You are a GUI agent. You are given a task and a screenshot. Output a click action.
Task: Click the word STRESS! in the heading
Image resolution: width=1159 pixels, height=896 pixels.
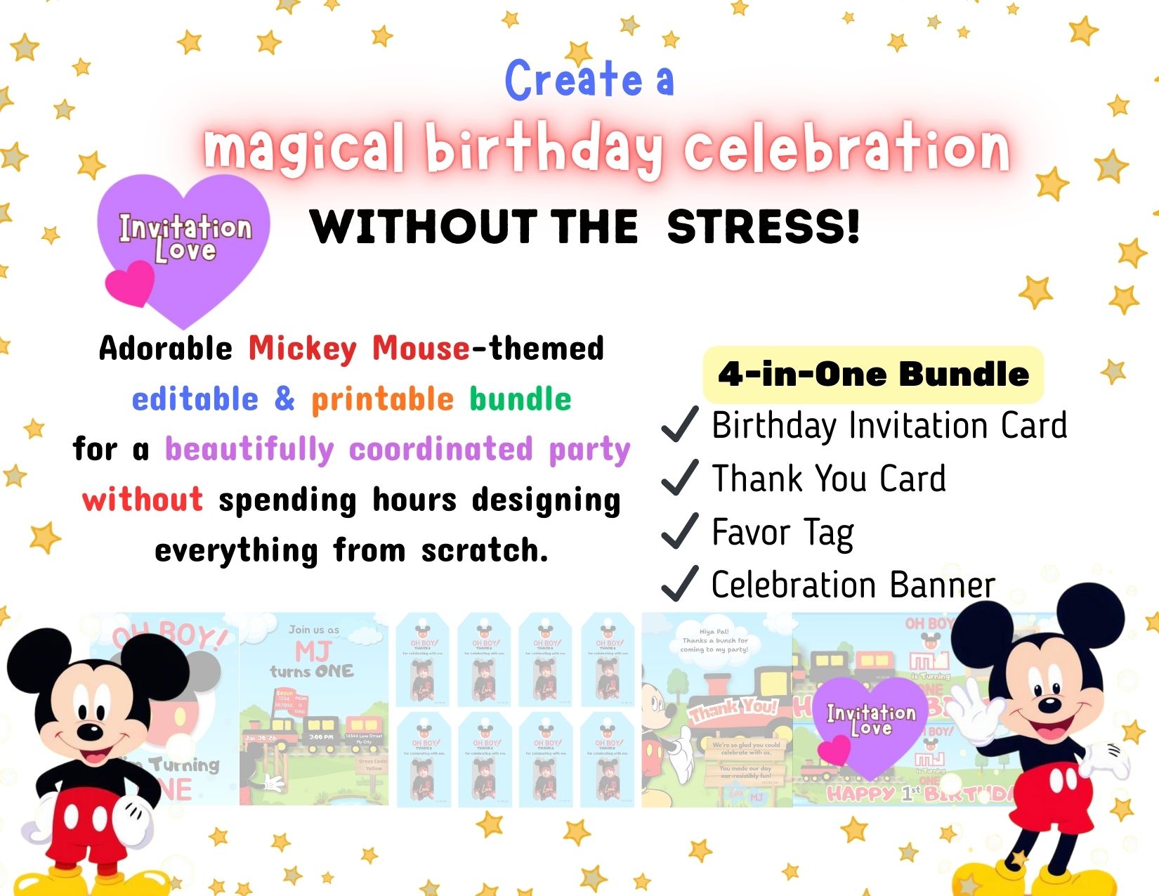click(x=764, y=227)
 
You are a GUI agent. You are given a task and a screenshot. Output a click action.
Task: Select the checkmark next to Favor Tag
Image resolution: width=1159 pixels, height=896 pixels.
click(x=679, y=531)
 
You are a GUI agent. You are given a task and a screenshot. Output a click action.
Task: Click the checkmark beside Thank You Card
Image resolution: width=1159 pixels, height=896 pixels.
click(x=679, y=478)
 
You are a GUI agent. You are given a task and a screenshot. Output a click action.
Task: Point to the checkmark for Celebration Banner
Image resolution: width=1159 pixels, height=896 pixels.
click(x=679, y=584)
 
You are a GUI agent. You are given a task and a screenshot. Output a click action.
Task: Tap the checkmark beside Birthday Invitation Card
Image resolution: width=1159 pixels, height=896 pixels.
click(x=679, y=424)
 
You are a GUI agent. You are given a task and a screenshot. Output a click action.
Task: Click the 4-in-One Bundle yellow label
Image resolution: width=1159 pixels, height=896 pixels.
click(x=873, y=374)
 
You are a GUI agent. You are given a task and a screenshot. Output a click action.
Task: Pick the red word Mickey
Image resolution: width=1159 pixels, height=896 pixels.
click(x=303, y=349)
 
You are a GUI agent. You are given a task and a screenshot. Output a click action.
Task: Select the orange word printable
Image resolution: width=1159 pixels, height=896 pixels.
click(x=383, y=399)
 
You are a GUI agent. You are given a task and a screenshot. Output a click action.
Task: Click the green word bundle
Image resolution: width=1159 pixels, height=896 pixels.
click(x=520, y=399)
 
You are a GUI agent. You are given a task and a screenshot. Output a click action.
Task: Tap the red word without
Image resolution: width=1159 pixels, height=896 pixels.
click(x=143, y=500)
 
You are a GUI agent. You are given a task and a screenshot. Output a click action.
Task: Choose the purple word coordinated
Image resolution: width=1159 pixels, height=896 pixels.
click(x=440, y=449)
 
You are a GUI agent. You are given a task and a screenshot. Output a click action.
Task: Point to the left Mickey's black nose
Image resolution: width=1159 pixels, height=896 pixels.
click(x=89, y=732)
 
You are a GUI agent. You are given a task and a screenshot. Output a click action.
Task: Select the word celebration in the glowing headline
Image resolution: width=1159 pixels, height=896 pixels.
click(x=846, y=150)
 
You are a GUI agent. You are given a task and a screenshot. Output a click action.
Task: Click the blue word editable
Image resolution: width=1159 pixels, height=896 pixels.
click(x=195, y=399)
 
